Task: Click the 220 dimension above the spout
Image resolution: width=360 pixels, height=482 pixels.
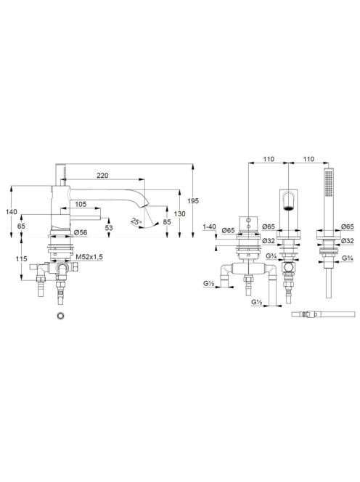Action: pyautogui.click(x=102, y=176)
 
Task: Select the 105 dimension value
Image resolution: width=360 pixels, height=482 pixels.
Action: pyautogui.click(x=81, y=204)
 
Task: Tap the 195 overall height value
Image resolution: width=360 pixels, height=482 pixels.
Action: pyautogui.click(x=193, y=201)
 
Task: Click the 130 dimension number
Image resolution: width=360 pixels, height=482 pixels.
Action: pyautogui.click(x=179, y=213)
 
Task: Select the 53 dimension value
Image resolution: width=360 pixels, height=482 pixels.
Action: pyautogui.click(x=109, y=228)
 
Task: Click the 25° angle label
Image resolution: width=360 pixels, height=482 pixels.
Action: pyautogui.click(x=136, y=221)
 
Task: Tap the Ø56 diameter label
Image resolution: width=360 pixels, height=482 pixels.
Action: pyautogui.click(x=81, y=233)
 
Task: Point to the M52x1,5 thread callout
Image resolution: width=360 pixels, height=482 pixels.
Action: pyautogui.click(x=89, y=257)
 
